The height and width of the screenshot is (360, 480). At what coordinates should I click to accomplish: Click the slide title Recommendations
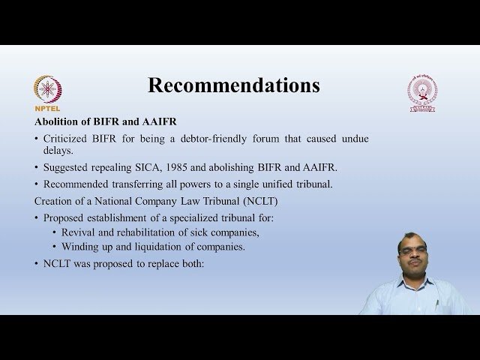pyautogui.click(x=233, y=85)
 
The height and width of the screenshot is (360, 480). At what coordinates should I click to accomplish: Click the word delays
pyautogui.click(x=62, y=150)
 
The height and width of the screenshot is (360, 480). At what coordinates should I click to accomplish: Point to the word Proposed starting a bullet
pyautogui.click(x=65, y=217)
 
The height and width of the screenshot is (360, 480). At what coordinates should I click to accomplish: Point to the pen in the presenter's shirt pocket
pyautogui.click(x=437, y=304)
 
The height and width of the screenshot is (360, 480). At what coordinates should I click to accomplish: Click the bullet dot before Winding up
pyautogui.click(x=55, y=247)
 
